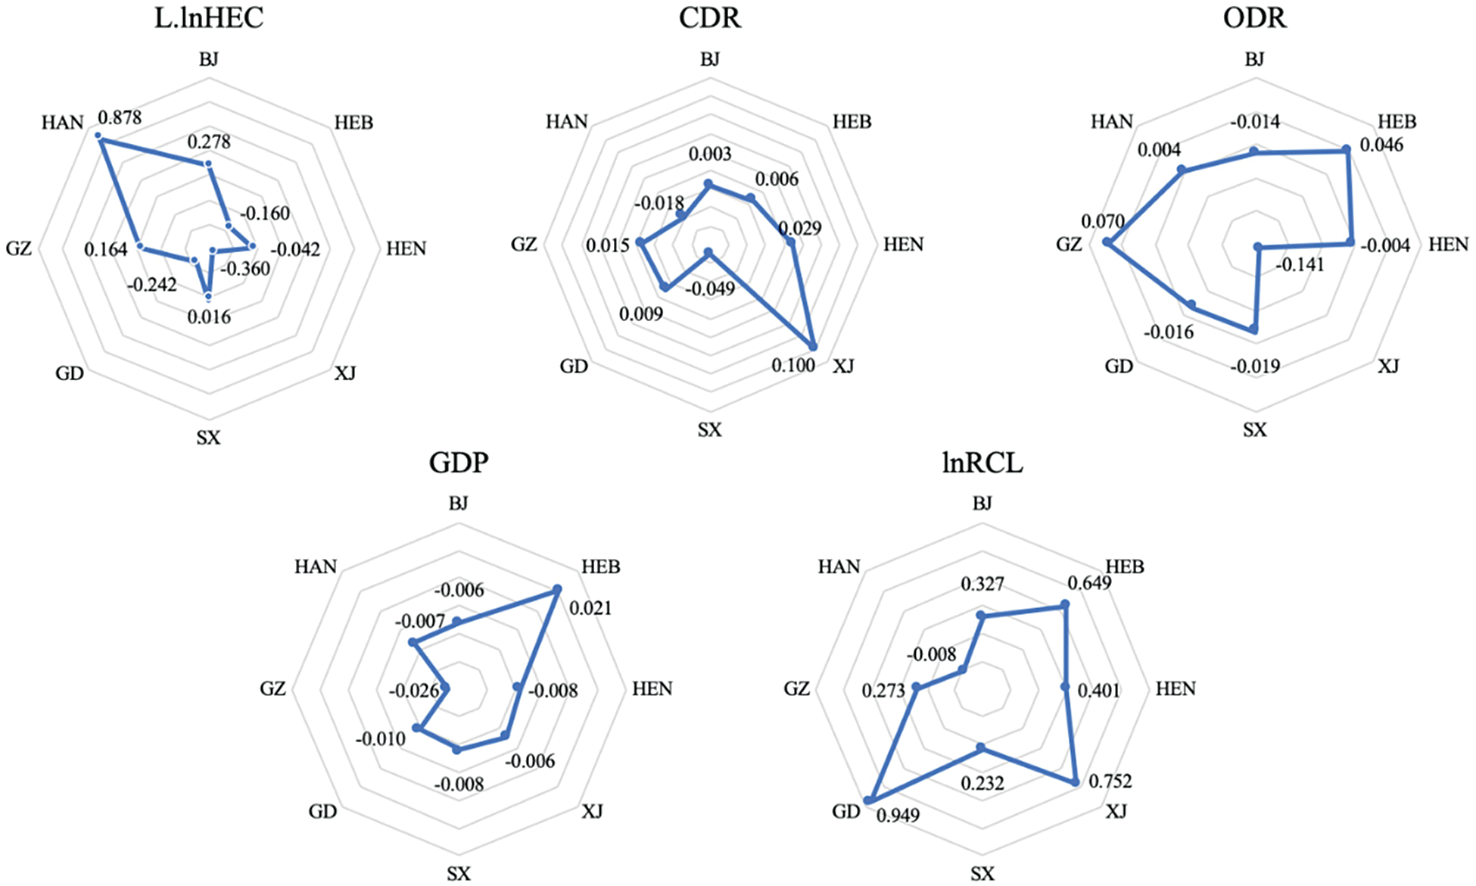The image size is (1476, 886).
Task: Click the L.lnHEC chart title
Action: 209,18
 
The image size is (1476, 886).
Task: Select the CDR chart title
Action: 709,18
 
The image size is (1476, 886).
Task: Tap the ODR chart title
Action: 1254,18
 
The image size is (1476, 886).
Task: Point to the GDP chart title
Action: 459,462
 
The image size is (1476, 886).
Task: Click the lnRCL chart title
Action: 982,462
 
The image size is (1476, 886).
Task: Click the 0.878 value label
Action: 120,117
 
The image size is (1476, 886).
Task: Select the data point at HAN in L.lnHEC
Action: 98,136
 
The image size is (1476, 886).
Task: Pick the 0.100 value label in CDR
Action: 793,365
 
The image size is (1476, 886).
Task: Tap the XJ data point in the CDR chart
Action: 814,346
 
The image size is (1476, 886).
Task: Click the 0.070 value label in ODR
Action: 1102,222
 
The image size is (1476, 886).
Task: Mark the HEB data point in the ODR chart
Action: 1347,149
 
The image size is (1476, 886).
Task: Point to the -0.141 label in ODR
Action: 1300,265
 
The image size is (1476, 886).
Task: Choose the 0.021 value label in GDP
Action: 590,608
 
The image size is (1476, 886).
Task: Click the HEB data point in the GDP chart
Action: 557,588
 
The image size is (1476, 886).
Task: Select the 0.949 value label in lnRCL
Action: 898,816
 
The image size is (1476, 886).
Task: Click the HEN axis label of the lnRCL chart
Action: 1176,688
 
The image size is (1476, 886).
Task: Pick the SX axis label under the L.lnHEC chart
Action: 208,438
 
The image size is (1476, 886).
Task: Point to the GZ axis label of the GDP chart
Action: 273,688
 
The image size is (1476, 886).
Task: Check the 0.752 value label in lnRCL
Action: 1110,781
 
